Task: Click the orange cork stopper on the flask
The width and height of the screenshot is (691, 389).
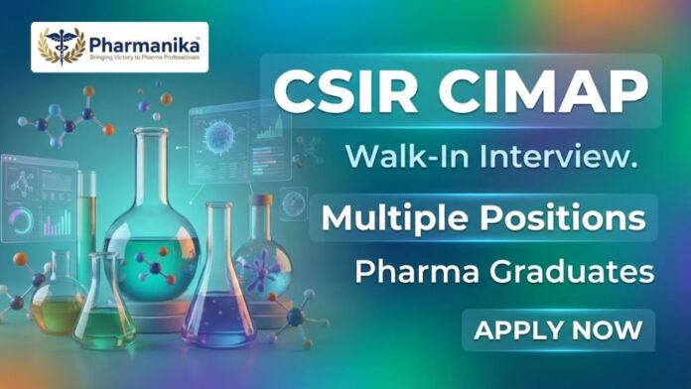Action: [x=262, y=199]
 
